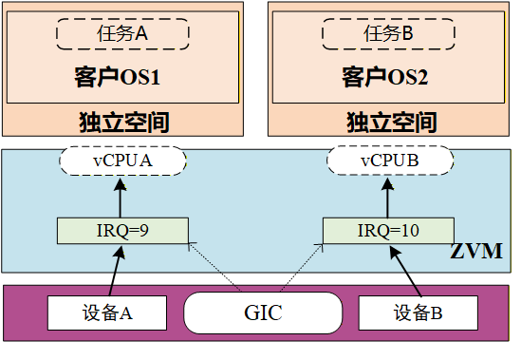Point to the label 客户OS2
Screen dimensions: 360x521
[389, 77]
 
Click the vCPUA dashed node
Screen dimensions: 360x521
[121, 161]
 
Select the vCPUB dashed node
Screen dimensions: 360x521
[389, 161]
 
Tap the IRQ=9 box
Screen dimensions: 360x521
[122, 231]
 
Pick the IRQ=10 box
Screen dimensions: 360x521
[388, 231]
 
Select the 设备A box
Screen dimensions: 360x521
[106, 313]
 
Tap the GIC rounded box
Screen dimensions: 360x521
[262, 313]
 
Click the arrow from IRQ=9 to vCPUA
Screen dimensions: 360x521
[121, 198]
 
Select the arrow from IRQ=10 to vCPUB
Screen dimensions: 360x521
[388, 198]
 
